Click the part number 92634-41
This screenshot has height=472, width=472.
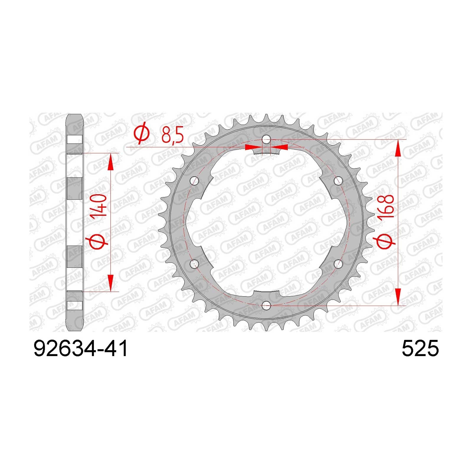[81, 349]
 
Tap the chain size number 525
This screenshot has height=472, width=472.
[420, 349]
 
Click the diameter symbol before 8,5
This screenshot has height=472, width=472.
[142, 135]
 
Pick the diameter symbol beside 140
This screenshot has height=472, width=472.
[98, 237]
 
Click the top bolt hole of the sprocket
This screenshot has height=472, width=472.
[266, 139]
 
